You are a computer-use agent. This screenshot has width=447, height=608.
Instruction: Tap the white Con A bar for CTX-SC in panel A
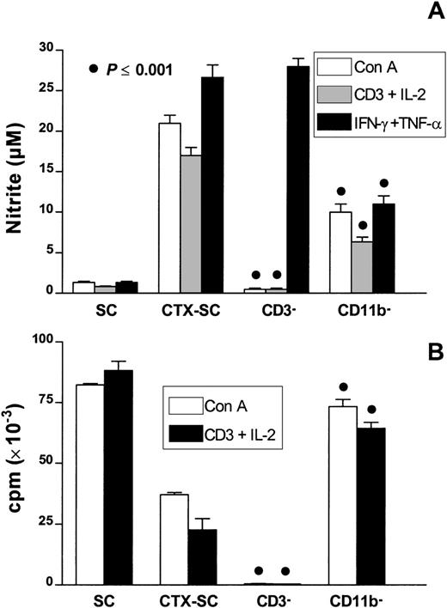170,207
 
